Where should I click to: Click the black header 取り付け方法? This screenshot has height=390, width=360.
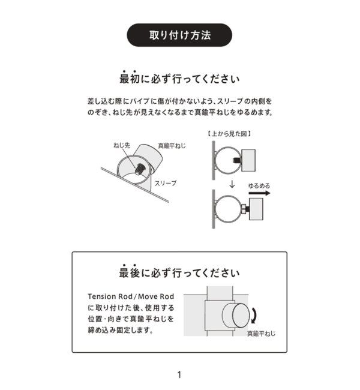[x=179, y=35]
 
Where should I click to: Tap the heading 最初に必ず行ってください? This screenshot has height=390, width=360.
[x=179, y=79]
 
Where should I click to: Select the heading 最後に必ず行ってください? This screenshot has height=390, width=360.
[x=179, y=274]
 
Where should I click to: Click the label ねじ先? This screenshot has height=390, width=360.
[x=122, y=145]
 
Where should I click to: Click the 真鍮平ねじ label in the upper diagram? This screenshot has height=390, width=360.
[x=172, y=145]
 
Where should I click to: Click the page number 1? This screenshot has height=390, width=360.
[x=179, y=375]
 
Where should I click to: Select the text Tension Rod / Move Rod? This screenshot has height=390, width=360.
[x=131, y=296]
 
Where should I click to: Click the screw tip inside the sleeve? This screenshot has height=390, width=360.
[x=139, y=169]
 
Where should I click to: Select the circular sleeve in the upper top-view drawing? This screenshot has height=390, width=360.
[x=224, y=160]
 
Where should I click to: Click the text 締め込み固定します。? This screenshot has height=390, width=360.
[x=120, y=331]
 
